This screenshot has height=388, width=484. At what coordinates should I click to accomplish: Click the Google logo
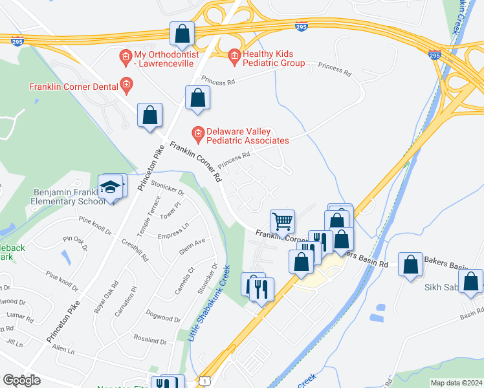click(21, 380)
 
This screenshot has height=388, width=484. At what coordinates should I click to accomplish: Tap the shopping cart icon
click(282, 221)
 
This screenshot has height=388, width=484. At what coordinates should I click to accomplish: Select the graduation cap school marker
click(111, 187)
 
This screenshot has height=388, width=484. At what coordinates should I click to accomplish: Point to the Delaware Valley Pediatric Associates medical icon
click(198, 135)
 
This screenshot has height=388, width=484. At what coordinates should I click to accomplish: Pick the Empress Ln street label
click(173, 230)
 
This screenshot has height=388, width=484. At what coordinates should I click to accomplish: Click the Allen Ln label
click(63, 352)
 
